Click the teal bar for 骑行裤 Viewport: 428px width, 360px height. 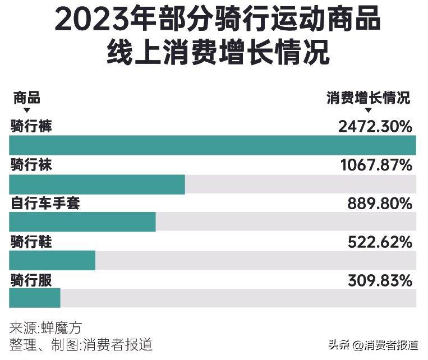click(x=213, y=145)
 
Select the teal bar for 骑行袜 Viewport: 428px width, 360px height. click(x=97, y=184)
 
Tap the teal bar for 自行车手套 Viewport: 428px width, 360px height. click(x=82, y=222)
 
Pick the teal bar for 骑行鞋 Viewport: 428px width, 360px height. click(x=52, y=260)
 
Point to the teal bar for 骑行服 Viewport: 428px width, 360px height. click(x=35, y=298)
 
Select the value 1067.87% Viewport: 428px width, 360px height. click(x=376, y=165)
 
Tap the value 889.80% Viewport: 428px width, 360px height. click(x=380, y=204)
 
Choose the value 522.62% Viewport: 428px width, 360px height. click(x=380, y=242)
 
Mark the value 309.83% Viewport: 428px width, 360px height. click(x=380, y=279)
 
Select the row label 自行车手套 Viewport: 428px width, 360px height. click(x=45, y=203)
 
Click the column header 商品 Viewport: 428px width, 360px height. click(x=26, y=98)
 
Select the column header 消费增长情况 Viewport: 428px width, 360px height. click(x=369, y=98)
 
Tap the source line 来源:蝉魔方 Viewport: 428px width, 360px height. click(x=49, y=328)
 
